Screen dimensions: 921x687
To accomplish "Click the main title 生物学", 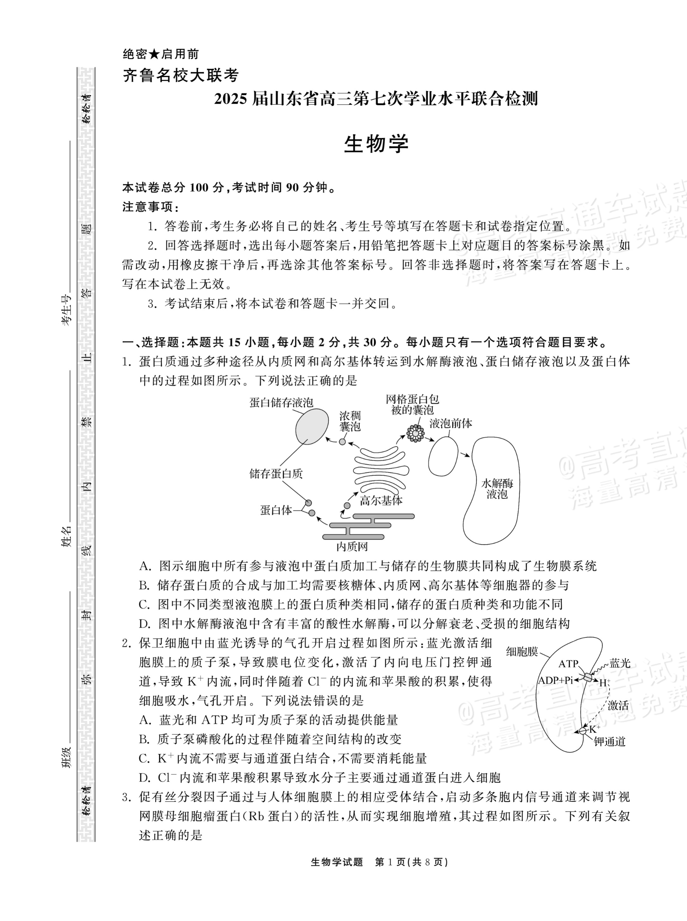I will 376,144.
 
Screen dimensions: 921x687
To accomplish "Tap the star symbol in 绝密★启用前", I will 154,54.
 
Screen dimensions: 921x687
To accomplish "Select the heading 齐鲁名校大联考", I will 181,76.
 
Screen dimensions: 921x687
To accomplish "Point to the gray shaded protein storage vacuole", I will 312,427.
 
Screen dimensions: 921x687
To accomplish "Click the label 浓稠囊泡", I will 350,421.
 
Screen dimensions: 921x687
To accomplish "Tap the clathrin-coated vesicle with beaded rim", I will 415,433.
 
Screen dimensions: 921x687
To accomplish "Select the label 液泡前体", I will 451,424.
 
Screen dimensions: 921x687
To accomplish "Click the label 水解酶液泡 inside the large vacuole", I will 497,489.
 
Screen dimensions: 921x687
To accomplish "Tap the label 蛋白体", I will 276,510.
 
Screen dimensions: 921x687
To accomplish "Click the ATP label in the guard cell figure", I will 568,664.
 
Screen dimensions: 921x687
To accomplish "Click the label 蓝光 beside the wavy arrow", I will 620,663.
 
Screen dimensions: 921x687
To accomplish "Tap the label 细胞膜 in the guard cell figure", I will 522,651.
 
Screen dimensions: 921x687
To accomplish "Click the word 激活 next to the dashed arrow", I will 618,705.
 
